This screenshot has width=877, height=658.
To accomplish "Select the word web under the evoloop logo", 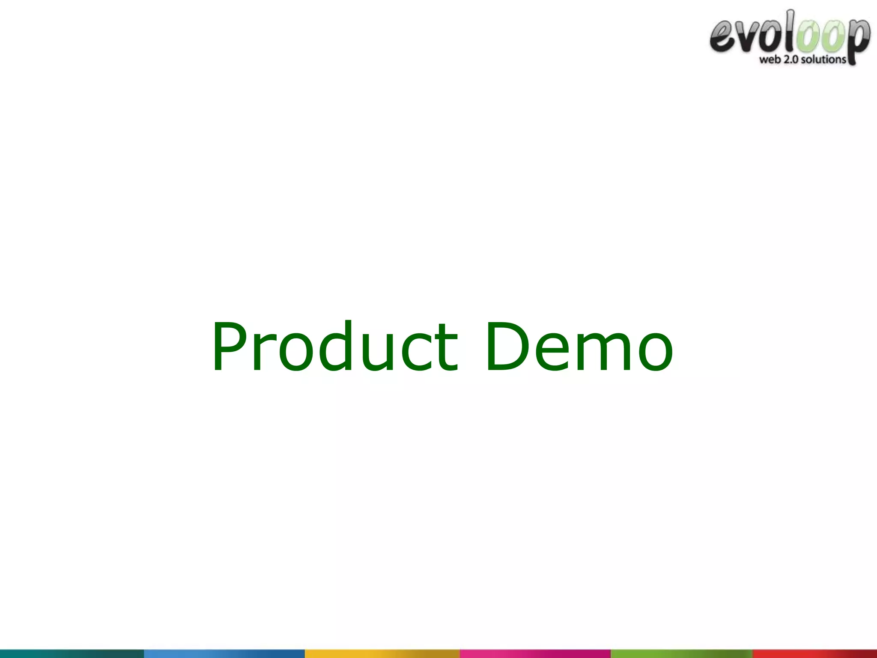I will coord(770,60).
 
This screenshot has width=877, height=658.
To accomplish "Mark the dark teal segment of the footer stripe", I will coord(72,654).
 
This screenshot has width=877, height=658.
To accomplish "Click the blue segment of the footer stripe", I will coord(224,654).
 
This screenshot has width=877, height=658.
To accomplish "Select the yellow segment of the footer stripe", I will coord(382,654).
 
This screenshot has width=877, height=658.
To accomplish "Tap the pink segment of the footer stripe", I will coord(535,654).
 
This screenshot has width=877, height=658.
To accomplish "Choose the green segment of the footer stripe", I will coord(682,654).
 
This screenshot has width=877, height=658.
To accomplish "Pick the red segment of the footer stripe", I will coord(815,654).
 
